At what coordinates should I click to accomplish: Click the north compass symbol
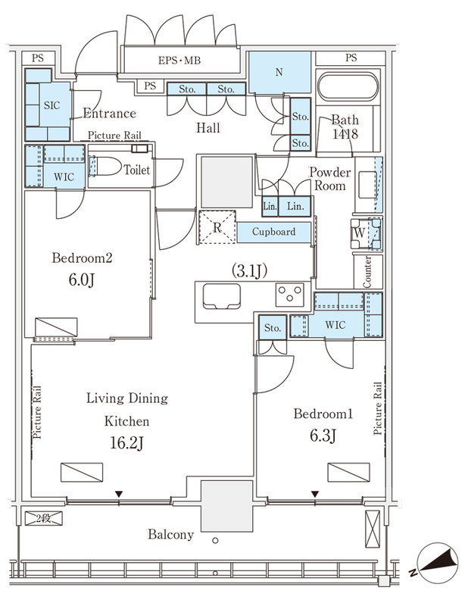[x=437, y=563]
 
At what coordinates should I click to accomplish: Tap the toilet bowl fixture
[x=105, y=166]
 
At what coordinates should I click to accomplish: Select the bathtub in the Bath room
[x=348, y=86]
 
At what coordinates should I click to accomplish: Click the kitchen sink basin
[x=221, y=296]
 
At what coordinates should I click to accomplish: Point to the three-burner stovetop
[x=290, y=295]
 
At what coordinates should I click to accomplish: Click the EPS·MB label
[x=179, y=61]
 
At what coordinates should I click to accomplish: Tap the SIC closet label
[x=51, y=105]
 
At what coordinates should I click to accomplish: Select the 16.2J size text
[x=126, y=443]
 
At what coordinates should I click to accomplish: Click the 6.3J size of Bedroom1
[x=323, y=436]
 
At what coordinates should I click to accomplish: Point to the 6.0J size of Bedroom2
[x=82, y=280]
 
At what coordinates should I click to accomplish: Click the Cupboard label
[x=273, y=232]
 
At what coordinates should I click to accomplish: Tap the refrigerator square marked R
[x=217, y=226]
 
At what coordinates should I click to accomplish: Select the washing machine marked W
[x=366, y=233]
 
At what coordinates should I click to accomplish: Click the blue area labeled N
[x=279, y=72]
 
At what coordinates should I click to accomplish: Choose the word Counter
[x=367, y=272]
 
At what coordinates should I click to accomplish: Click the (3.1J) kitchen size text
[x=249, y=271]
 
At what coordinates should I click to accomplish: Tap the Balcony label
[x=171, y=535]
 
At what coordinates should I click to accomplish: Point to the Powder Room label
[x=329, y=179]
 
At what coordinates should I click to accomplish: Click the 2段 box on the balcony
[x=44, y=518]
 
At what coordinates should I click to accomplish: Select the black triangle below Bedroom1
[x=315, y=495]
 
